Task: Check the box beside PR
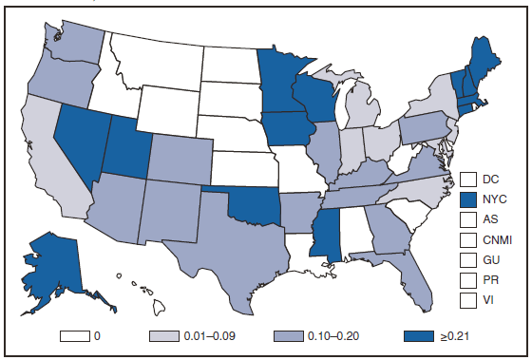coord(467,280)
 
